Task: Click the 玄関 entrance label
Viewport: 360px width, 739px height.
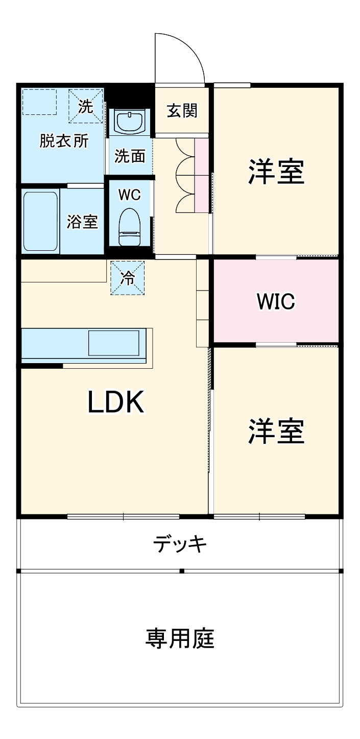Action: click(182, 110)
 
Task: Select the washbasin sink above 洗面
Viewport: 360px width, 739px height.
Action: click(130, 122)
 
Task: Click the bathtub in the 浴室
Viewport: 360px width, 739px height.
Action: click(40, 221)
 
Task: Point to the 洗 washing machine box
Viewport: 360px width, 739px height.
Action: click(86, 106)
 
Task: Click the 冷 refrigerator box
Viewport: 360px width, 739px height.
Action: click(128, 277)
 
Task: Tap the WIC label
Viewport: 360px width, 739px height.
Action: click(276, 301)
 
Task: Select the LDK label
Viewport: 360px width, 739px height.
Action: click(117, 402)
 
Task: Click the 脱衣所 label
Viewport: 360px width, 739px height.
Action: click(64, 141)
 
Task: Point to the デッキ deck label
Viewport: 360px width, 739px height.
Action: click(180, 544)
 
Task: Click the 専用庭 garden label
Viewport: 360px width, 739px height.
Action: click(180, 638)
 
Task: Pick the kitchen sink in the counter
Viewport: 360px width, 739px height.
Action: click(113, 343)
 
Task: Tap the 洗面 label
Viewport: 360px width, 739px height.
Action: click(129, 156)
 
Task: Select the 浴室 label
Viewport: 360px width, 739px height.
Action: click(82, 222)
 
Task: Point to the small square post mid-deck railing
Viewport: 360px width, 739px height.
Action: click(181, 570)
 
